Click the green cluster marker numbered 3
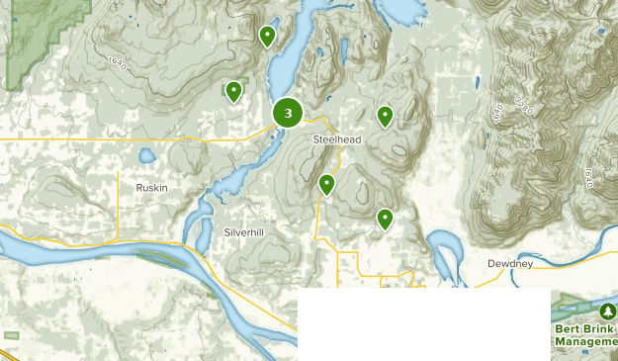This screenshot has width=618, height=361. click(288, 114)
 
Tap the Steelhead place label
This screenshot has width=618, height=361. click(337, 140)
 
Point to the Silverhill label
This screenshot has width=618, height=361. click(243, 231)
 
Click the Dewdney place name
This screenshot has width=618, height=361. click(511, 264)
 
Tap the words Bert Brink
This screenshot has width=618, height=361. click(584, 327)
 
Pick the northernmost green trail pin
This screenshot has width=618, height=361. click(267, 37)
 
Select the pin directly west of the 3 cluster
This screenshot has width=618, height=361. click(234, 92)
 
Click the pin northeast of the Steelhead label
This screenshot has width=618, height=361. click(385, 117)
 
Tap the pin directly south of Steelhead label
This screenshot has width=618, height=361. click(326, 184)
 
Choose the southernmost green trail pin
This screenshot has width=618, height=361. click(385, 219)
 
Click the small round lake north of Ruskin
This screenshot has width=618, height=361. click(146, 155)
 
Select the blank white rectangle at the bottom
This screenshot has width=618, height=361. click(423, 324)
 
